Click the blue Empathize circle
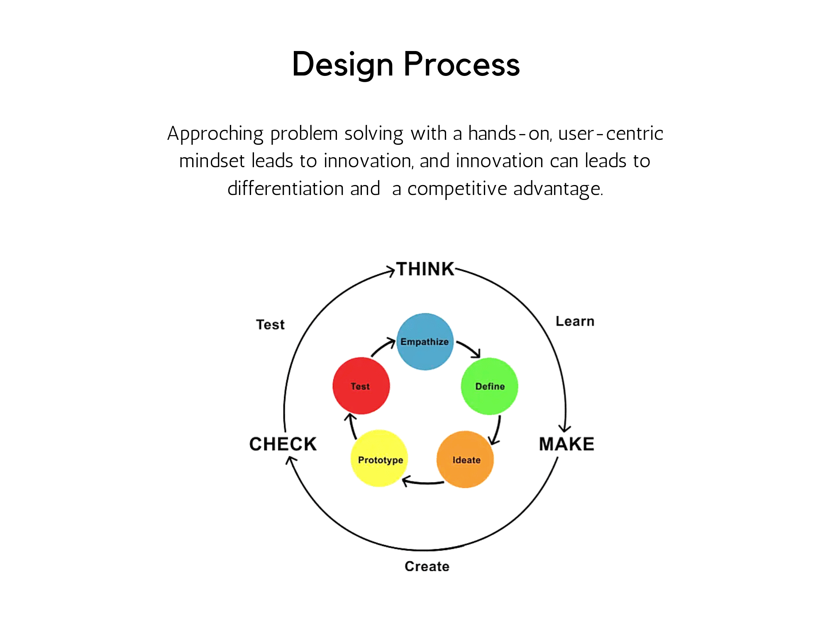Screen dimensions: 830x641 425,341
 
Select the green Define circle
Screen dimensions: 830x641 490,386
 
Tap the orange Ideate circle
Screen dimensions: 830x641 465,459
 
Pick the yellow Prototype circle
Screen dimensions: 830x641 379,458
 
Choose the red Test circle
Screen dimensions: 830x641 361,386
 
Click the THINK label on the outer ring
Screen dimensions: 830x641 425,269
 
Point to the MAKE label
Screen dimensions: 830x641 566,444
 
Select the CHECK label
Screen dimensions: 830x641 283,444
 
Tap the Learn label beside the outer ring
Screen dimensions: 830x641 575,321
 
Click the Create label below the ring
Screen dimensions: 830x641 427,566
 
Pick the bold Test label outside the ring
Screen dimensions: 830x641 270,324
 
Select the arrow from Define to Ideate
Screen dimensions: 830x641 497,431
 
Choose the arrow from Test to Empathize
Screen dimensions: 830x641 382,346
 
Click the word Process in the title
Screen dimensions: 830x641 461,65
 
